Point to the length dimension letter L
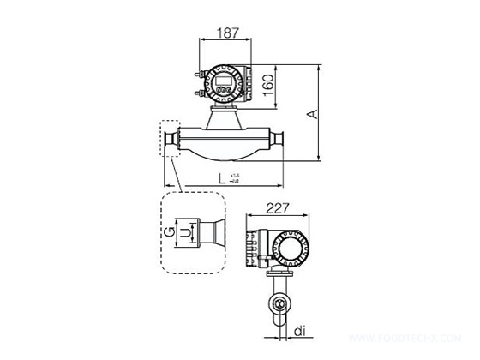click(224, 179)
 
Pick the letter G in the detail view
click(170, 231)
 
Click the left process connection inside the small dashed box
click(170, 140)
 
